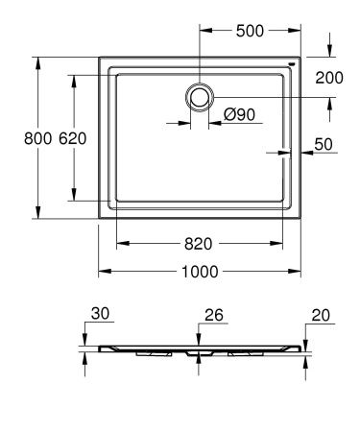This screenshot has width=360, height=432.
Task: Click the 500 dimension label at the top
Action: [x=251, y=30]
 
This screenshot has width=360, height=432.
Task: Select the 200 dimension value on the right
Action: [x=328, y=78]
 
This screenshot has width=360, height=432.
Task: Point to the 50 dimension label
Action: [x=324, y=145]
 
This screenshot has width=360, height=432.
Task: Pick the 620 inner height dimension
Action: [x=73, y=138]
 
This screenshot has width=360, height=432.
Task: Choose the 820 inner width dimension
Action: [x=199, y=244]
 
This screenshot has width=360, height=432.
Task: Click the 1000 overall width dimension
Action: [x=200, y=271]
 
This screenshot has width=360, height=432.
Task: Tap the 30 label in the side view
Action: [x=101, y=314]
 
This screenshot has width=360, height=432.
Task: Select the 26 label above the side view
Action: [x=213, y=314]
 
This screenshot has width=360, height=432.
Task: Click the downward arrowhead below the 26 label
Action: [x=199, y=342]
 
